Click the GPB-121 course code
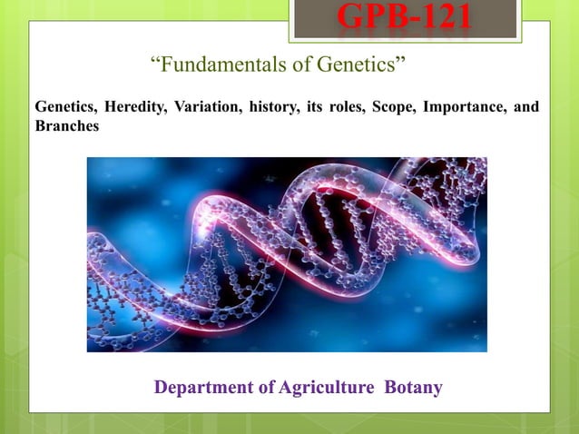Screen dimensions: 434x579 pyautogui.click(x=405, y=18)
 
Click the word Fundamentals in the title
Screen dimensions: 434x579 pyautogui.click(x=215, y=65)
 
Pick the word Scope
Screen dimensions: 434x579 pyautogui.click(x=387, y=108)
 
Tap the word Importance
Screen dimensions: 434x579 pyautogui.click(x=460, y=108)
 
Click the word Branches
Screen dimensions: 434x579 pyautogui.click(x=66, y=125)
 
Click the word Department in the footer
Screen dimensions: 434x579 pyautogui.click(x=200, y=389)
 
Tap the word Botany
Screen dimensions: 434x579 pyautogui.click(x=414, y=389)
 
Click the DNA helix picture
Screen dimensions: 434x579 pyautogui.click(x=287, y=254)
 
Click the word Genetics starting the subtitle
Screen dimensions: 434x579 pyautogui.click(x=64, y=108)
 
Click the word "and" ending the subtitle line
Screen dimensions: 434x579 pyautogui.click(x=526, y=108)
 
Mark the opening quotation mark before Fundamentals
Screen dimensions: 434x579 pyautogui.click(x=153, y=62)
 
